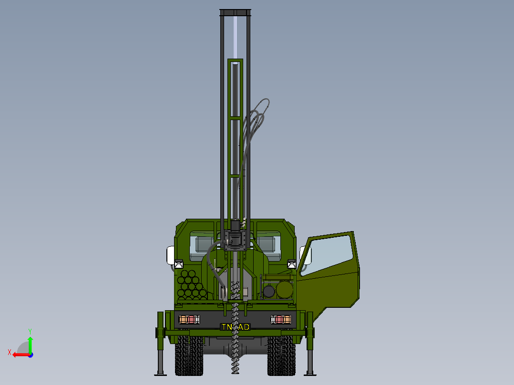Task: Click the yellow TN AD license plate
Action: [x=236, y=327]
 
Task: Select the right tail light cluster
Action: [x=281, y=319]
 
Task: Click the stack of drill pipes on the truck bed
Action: [x=192, y=286]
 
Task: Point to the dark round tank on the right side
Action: [x=269, y=290]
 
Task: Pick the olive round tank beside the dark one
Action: [x=285, y=290]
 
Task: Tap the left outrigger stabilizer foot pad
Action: [x=161, y=374]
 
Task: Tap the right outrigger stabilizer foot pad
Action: [x=310, y=374]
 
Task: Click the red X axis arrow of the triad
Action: [x=18, y=355]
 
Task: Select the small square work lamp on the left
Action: [x=179, y=263]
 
